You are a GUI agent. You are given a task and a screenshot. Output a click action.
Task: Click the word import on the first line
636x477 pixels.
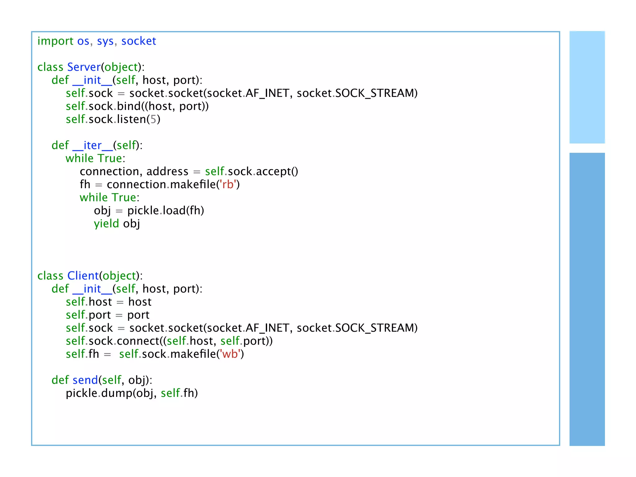55,41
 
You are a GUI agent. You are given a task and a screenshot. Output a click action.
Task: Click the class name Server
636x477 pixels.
84,67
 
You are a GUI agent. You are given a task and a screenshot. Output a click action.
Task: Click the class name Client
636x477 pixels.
83,276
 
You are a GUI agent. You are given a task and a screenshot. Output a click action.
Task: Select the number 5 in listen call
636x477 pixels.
153,119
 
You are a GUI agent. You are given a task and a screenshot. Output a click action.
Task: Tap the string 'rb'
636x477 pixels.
228,184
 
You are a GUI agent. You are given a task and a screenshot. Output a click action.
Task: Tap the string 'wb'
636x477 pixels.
230,354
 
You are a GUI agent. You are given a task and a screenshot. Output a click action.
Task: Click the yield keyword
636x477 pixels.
106,224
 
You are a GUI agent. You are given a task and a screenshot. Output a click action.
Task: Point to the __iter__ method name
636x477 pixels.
93,145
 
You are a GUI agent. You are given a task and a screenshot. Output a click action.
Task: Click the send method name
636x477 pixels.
85,380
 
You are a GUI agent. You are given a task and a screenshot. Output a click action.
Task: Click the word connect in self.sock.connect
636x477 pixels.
138,341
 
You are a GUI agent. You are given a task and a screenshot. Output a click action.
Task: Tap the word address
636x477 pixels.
167,171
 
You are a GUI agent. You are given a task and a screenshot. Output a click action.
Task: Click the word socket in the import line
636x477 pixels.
139,41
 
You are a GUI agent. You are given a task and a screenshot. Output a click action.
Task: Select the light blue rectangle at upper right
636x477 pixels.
587,87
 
